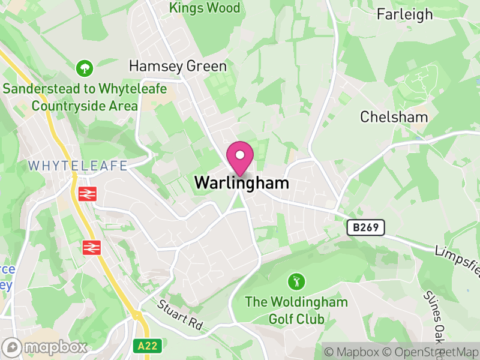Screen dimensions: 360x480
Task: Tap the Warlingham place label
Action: (x=241, y=183)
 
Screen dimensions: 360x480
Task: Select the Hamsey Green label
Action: (x=178, y=66)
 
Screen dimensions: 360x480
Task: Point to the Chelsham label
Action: (x=394, y=116)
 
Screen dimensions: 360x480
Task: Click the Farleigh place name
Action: (x=404, y=14)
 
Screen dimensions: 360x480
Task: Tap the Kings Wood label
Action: (x=205, y=8)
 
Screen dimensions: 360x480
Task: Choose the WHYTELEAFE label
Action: (x=78, y=165)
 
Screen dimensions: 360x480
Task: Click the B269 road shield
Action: (x=365, y=227)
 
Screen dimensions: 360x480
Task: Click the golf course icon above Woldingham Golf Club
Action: (x=296, y=280)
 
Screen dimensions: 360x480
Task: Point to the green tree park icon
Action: (x=85, y=68)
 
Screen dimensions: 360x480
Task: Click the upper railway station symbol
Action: (x=88, y=194)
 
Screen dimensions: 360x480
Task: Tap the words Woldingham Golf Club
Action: (x=296, y=310)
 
